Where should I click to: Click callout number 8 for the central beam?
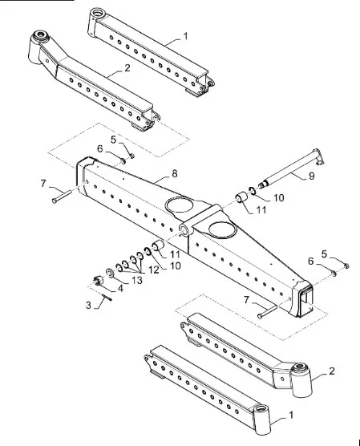click(x=175, y=173)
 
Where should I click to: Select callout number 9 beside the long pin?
click(x=311, y=176)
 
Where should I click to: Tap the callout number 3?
click(x=88, y=305)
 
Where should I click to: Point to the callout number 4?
click(x=120, y=289)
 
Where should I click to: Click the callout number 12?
click(x=154, y=270)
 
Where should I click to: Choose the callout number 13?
click(x=137, y=280)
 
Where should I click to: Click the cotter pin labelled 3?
click(x=107, y=297)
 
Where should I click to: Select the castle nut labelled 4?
click(x=98, y=280)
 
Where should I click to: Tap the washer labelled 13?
click(x=110, y=273)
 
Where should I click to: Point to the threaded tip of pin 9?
click(x=262, y=184)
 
